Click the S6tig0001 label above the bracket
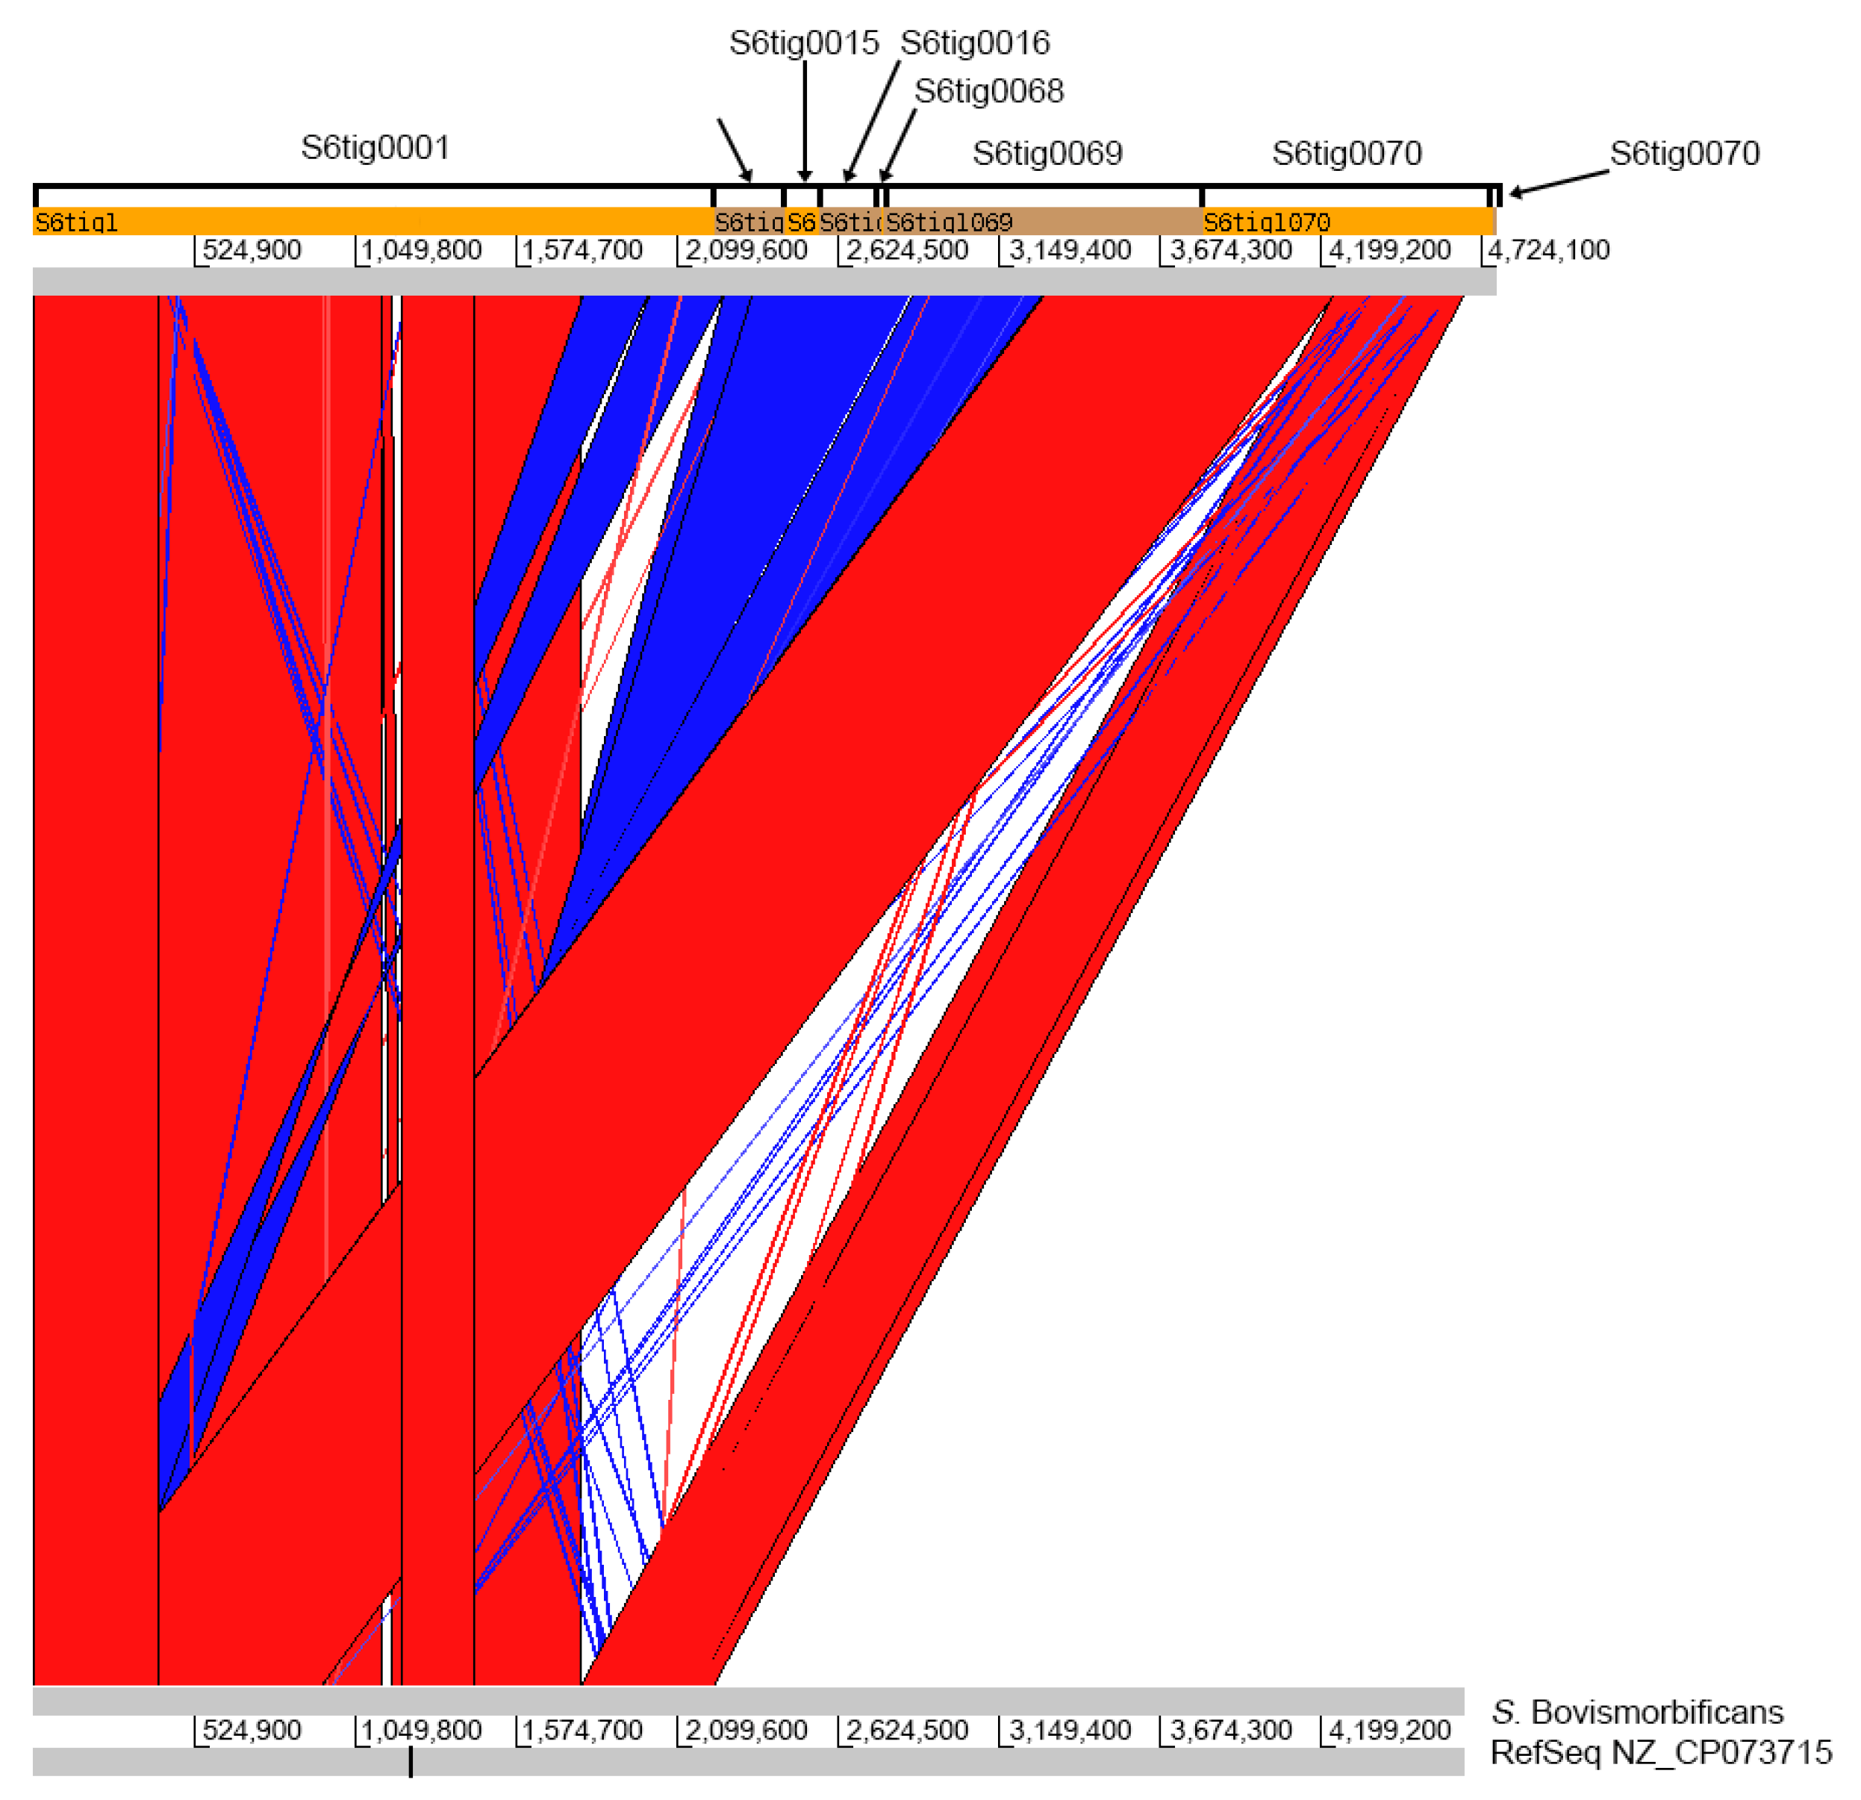(x=376, y=147)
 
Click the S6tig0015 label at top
(x=804, y=43)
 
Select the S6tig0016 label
(x=975, y=43)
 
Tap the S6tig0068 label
(x=988, y=91)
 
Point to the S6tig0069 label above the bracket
(x=1047, y=153)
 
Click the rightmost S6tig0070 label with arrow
(x=1684, y=153)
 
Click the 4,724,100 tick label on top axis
(x=1549, y=251)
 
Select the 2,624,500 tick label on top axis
(x=907, y=251)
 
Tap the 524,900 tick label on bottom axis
(x=252, y=1730)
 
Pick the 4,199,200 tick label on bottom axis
(x=1389, y=1730)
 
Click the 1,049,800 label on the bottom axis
(x=422, y=1730)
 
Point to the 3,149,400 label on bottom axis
(x=1069, y=1730)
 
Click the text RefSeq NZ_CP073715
(x=1661, y=1751)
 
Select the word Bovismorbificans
(x=1657, y=1710)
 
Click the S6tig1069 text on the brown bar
(x=949, y=222)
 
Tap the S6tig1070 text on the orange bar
(x=1267, y=222)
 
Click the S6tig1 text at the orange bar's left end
(x=76, y=222)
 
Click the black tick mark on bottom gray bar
(x=410, y=1761)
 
